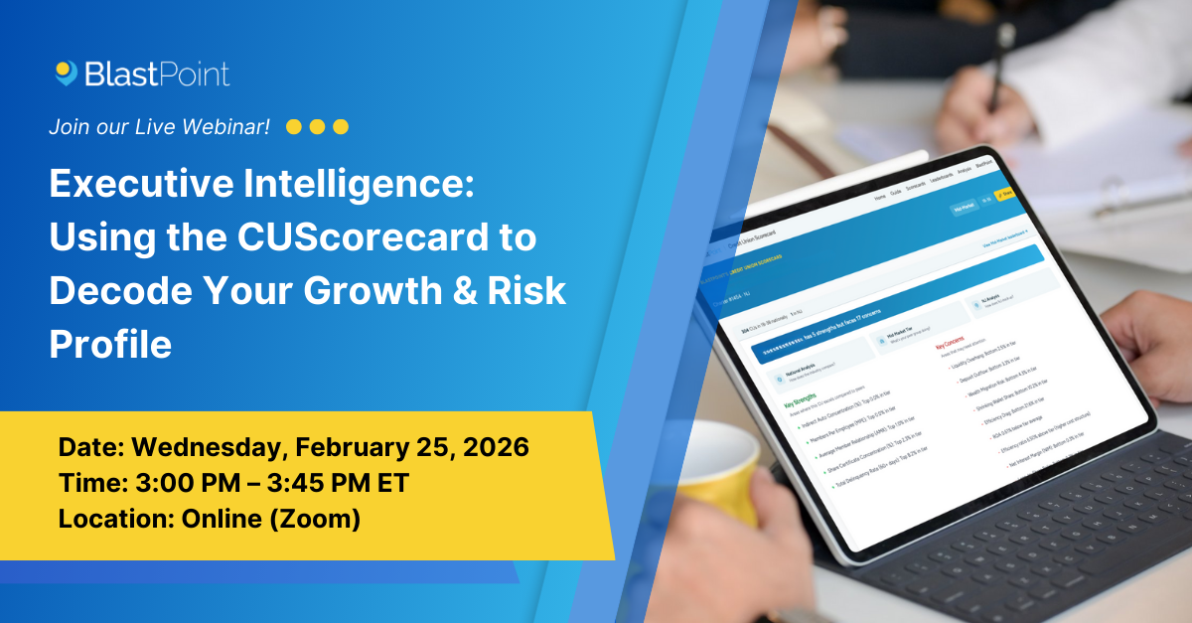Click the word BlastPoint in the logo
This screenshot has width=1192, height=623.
point(157,74)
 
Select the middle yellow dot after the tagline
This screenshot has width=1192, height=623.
point(317,127)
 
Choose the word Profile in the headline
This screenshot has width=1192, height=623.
point(110,344)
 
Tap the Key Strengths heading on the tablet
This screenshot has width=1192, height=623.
point(794,397)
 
